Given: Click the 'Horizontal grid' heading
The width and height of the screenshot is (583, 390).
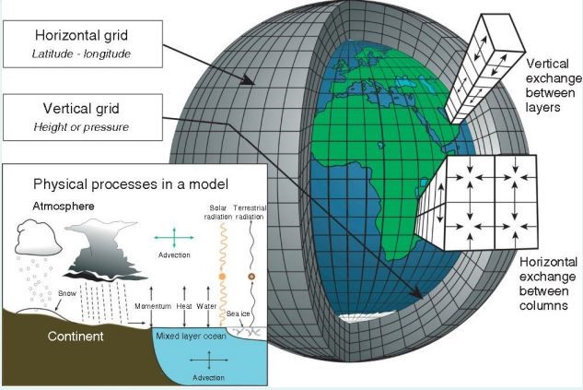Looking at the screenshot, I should (81, 35).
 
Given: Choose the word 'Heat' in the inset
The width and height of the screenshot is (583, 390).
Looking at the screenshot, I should (185, 306).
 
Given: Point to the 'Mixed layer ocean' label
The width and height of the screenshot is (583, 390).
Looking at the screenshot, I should (192, 335).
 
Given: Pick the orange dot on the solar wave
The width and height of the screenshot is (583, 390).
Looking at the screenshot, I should (222, 277).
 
